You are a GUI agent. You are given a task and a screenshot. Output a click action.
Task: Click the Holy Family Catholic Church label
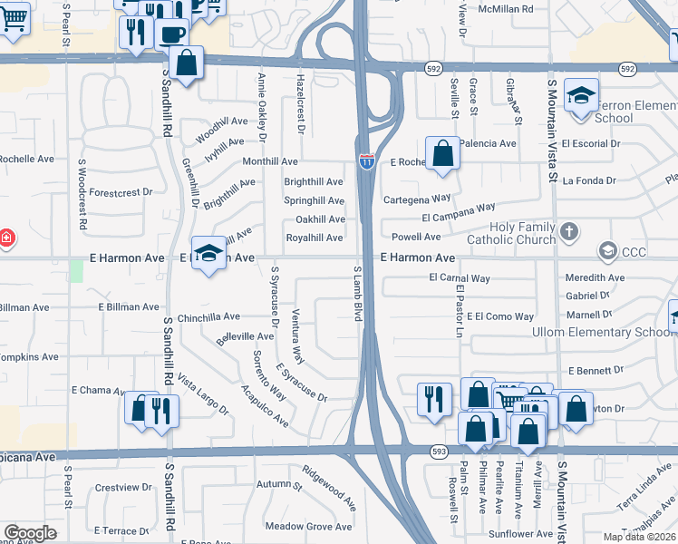(510, 233)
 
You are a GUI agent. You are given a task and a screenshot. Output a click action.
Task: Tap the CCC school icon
(606, 250)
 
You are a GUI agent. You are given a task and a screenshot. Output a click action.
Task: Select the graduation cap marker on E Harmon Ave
(208, 256)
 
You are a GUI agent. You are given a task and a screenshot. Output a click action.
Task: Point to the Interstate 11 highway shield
(365, 161)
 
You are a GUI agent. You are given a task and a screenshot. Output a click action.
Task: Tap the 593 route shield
(439, 451)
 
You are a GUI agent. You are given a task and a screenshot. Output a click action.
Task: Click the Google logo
(30, 533)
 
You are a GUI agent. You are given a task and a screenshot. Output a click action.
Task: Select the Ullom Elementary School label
(616, 332)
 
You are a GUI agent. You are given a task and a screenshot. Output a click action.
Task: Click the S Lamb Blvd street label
(357, 293)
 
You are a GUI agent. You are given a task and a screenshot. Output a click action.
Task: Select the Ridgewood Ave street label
(330, 486)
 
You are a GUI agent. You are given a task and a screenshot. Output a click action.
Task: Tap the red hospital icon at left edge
(5, 238)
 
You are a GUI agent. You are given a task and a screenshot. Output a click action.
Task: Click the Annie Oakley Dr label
(261, 107)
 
